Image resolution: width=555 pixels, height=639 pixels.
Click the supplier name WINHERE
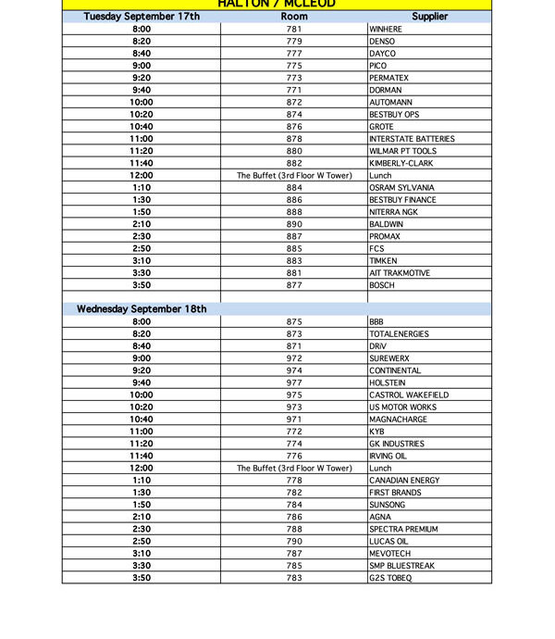[x=386, y=30]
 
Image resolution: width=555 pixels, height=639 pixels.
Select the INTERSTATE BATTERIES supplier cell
[x=412, y=139]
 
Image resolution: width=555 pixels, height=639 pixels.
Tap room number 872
[x=294, y=103]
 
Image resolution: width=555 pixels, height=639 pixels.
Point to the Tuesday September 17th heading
[x=142, y=17]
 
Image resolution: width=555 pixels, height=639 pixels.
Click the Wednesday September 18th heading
[x=142, y=309]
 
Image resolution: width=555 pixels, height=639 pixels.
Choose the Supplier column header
[x=429, y=17]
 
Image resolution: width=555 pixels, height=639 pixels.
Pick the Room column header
[x=294, y=17]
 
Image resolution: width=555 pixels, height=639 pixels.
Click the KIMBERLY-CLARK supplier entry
[x=401, y=163]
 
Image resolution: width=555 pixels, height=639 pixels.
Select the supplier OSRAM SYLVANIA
[x=401, y=188]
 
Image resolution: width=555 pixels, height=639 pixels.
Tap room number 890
[x=294, y=224]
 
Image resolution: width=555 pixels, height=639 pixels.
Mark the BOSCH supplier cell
[x=382, y=285]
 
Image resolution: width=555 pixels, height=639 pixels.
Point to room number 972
[x=294, y=358]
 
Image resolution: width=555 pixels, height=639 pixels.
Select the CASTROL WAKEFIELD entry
[x=409, y=395]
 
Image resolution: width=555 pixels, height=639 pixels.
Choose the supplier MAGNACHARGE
[x=399, y=420]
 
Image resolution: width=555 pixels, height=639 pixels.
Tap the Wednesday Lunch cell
[x=380, y=469]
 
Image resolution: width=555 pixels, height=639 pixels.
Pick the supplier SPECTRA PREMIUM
[x=404, y=530]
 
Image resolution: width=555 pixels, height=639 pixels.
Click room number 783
[x=294, y=578]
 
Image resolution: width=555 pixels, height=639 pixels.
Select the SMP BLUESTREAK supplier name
[x=401, y=566]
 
